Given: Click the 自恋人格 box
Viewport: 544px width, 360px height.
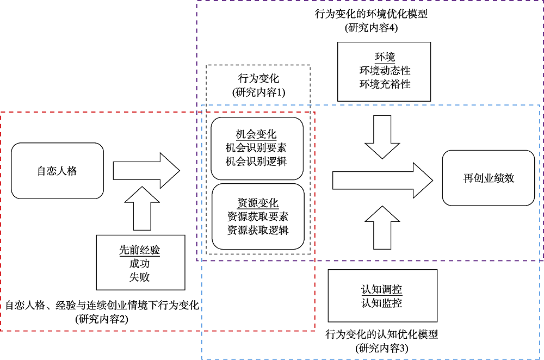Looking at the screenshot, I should pos(57,171).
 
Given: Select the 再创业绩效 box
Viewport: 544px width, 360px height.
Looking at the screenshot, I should pos(489,178).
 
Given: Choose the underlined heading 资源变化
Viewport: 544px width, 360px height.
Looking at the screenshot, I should pos(258,203).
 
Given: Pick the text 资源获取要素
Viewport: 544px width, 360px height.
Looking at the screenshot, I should pos(258,216).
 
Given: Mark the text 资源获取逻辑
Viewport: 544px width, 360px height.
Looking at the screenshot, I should pos(258,230).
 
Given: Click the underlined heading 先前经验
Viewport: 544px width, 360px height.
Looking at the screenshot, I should pos(140,250).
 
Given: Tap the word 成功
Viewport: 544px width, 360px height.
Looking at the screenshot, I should pos(140,264).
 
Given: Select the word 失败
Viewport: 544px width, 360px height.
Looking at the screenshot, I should pos(140,277).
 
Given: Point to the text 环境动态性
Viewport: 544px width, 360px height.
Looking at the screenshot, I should pos(385,71).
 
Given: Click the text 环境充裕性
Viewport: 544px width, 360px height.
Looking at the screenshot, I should pos(385,84).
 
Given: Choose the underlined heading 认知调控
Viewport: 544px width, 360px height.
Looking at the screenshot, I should pos(382,290).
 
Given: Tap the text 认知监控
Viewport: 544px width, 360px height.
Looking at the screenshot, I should pos(382,303).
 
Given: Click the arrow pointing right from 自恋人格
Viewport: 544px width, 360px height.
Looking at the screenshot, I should pos(146,171).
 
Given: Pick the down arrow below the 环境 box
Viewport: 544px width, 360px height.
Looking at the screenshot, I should pos(382,135).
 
